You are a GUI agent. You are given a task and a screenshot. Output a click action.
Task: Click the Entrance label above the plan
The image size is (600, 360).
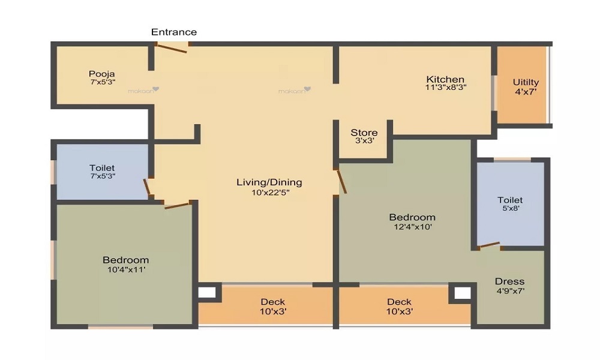point(173,32)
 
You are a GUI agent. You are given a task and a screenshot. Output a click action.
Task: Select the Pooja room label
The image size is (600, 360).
point(101,74)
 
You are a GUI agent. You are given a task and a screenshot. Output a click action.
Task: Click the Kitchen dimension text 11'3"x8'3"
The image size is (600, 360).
point(446,87)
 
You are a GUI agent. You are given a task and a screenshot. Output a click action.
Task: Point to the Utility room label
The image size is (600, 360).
point(526,82)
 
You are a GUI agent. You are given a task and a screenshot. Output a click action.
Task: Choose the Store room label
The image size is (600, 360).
point(364,133)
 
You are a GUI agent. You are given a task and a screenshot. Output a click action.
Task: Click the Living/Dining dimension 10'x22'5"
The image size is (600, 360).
point(269,192)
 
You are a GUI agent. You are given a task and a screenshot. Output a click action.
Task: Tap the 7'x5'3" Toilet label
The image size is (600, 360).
point(102,168)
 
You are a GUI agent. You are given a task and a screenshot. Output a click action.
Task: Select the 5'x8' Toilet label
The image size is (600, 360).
point(510,200)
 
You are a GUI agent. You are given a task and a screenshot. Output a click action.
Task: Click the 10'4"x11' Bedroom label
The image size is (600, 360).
point(125,260)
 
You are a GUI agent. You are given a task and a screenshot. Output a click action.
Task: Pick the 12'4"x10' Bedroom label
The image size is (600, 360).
point(412,217)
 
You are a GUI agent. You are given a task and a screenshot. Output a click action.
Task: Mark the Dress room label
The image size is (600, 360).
point(509,281)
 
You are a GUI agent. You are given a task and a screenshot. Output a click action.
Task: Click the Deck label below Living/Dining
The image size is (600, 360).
point(273,302)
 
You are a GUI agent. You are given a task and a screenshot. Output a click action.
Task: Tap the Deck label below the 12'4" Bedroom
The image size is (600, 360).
point(399,302)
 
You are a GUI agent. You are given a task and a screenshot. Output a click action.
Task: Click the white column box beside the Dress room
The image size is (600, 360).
point(462,293)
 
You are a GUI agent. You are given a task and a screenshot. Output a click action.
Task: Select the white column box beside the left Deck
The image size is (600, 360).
point(207,293)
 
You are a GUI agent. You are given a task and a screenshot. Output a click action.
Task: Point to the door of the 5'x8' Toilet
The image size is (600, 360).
point(489,245)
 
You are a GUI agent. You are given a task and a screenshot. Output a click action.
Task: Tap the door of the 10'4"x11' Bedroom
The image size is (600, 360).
point(178,205)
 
